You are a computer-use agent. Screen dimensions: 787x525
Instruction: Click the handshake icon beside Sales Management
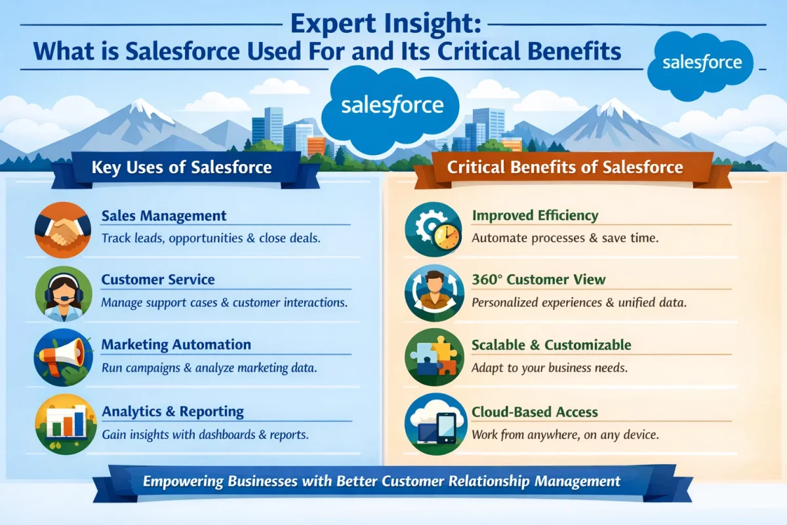[x=62, y=230]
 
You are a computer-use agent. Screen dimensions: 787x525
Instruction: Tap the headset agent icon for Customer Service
[x=63, y=293]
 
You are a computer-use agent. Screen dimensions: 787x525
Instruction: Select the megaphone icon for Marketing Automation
[x=63, y=357]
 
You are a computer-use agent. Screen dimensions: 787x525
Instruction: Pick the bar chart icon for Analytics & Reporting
[x=66, y=424]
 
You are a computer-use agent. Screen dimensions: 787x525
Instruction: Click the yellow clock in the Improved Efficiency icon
[x=447, y=236]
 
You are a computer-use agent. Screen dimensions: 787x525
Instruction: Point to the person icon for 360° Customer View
[x=434, y=293]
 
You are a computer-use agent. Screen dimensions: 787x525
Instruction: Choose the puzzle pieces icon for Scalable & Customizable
[x=434, y=357]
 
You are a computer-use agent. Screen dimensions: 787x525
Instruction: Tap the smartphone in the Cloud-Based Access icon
[x=446, y=428]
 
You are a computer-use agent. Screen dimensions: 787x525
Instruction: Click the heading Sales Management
[x=164, y=215]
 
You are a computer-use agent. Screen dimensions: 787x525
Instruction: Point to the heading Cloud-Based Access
[x=535, y=411]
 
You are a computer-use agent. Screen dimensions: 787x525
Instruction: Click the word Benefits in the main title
[x=574, y=51]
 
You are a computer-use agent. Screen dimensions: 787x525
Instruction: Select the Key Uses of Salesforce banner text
[x=182, y=167]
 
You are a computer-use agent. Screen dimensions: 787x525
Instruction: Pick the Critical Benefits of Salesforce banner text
[x=565, y=167]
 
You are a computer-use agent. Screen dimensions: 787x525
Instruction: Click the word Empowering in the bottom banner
[x=183, y=482]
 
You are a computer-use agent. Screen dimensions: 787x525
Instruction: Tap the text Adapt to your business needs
[x=550, y=367]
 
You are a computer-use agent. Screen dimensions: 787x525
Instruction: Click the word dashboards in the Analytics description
[x=227, y=434]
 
